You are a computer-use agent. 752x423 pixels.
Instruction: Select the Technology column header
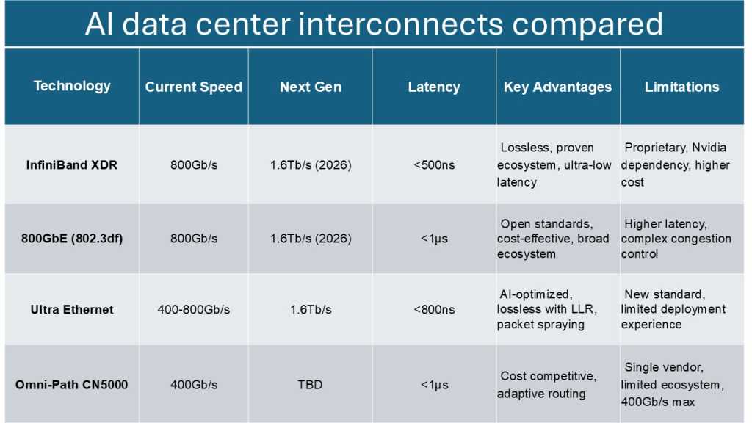72,86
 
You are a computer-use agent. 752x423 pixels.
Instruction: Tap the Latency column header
433,87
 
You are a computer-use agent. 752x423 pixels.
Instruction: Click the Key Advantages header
557,87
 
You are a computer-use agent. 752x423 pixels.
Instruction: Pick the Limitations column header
681,87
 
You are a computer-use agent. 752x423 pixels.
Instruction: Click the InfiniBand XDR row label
72,164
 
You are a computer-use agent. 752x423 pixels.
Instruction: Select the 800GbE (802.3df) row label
72,239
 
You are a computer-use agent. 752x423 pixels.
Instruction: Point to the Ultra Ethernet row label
72,309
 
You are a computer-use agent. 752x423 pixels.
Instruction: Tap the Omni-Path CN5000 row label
72,384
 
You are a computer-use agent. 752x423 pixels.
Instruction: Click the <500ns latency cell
433,164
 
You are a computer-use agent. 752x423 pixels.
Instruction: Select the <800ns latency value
433,309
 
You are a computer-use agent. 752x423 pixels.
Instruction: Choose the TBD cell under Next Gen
310,384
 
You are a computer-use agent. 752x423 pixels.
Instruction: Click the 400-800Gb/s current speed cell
193,309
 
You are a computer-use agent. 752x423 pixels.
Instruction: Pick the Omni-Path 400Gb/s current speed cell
193,384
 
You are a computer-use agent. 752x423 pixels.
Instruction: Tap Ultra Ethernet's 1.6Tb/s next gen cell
310,309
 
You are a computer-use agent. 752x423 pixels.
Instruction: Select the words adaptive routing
541,394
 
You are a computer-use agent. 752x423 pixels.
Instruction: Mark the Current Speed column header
193,87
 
